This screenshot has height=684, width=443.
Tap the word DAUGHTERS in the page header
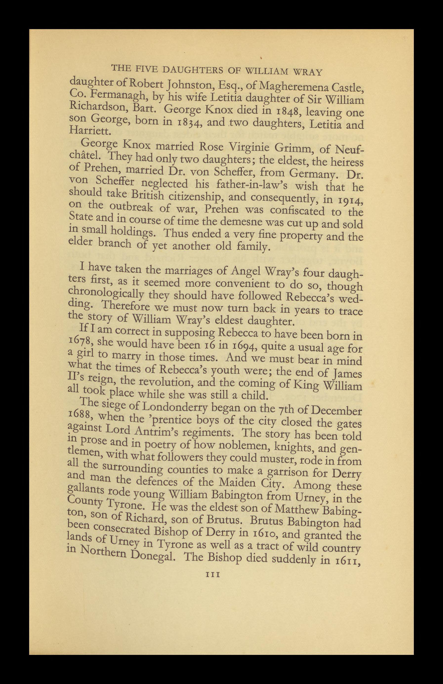[x=193, y=70]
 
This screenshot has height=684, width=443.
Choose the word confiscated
[x=297, y=211]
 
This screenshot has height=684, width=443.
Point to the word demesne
[x=239, y=222]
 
